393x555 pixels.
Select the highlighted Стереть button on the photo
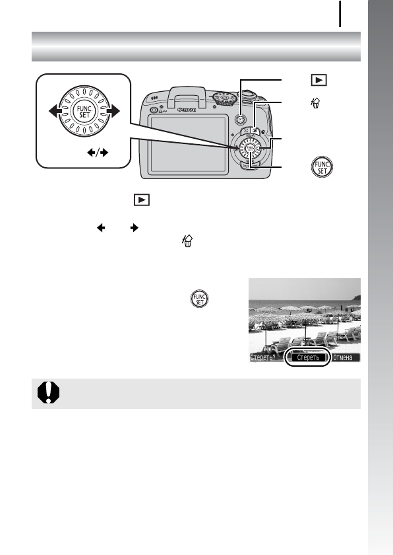pyautogui.click(x=307, y=357)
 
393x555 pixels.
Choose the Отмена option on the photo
pyautogui.click(x=346, y=357)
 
